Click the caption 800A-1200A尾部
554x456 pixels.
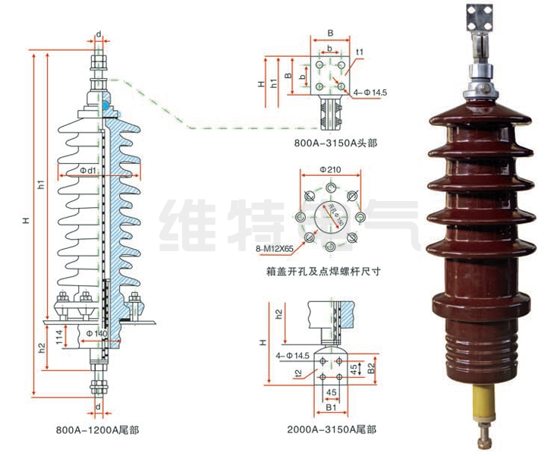point(97,429)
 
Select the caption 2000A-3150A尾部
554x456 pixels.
point(331,429)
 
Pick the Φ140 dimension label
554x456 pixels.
point(96,334)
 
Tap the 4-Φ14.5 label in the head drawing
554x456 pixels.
point(371,93)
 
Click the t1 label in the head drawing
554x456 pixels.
point(360,52)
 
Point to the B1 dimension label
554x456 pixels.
point(331,408)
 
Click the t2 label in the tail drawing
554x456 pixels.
point(298,373)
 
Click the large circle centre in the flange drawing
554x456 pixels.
point(331,217)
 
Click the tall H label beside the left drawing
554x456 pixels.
point(25,221)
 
